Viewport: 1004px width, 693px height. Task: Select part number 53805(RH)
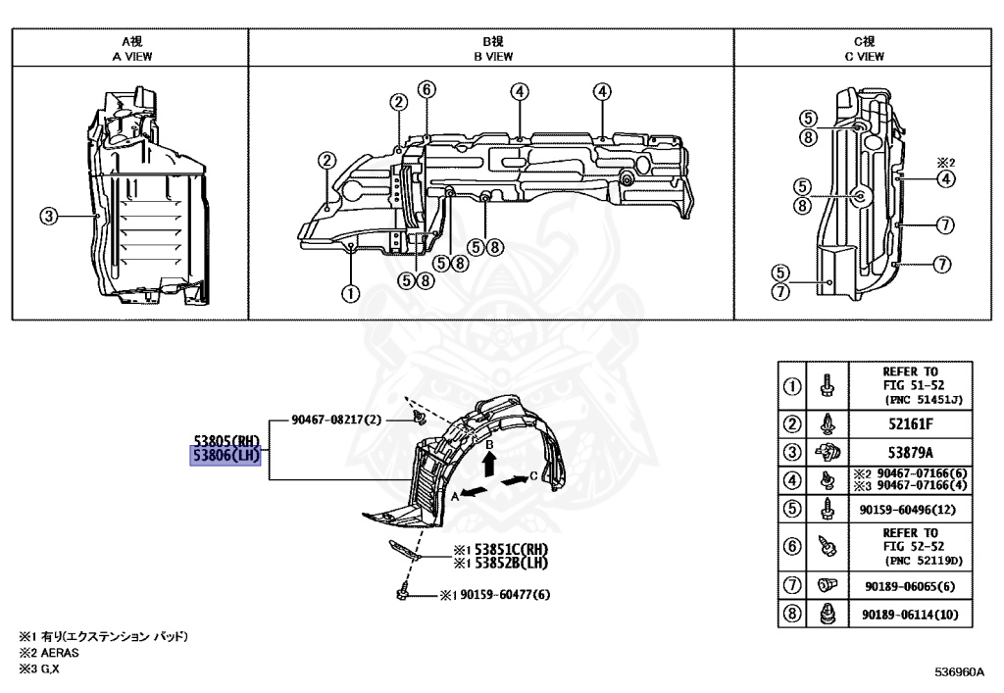(226, 440)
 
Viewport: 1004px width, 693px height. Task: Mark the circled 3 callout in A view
(48, 216)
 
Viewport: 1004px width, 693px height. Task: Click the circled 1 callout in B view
(350, 291)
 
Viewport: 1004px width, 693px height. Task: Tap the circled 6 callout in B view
(426, 89)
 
